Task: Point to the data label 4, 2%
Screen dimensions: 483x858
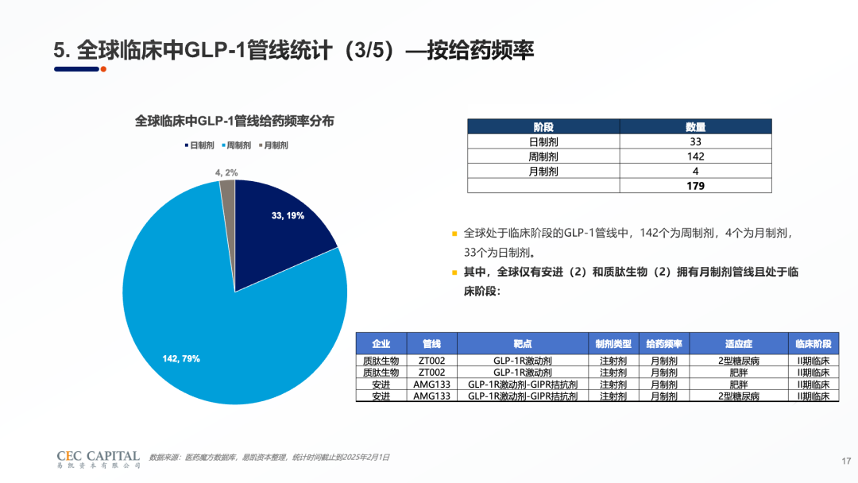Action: [226, 172]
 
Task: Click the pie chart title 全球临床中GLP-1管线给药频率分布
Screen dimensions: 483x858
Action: [234, 122]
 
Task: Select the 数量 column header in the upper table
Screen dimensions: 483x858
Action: [695, 127]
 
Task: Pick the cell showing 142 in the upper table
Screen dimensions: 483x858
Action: [695, 156]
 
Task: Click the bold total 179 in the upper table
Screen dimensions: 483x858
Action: [695, 186]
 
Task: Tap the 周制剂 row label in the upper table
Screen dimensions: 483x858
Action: [543, 156]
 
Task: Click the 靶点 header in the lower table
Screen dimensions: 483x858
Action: [523, 344]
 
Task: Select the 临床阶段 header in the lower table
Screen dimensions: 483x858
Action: [814, 344]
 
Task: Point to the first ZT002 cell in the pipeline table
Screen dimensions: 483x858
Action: [432, 360]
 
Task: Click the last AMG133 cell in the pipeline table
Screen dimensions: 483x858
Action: [432, 396]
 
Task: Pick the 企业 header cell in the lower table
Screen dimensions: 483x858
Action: [381, 344]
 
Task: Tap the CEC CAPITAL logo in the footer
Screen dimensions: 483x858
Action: [99, 458]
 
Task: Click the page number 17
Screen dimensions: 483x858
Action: [845, 461]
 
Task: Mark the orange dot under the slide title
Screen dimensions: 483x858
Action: [103, 69]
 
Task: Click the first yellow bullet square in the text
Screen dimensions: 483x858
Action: [454, 234]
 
